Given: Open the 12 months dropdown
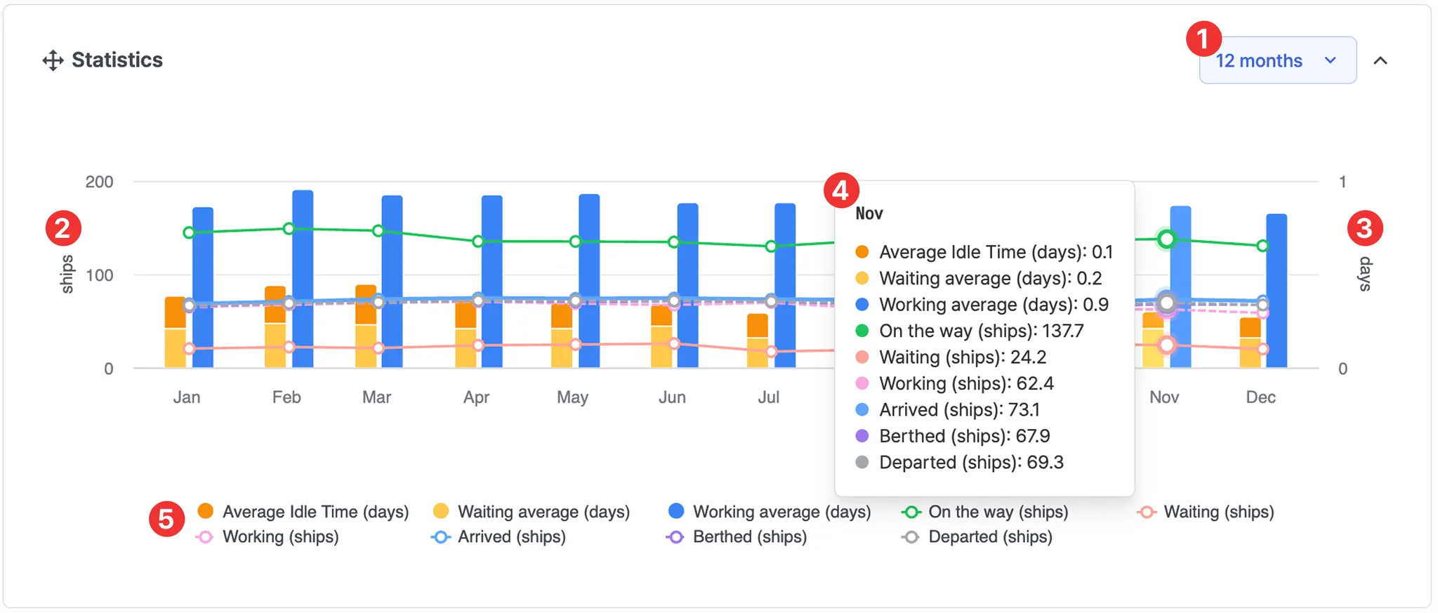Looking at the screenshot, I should tap(1277, 60).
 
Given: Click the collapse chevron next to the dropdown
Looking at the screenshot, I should tap(1380, 60).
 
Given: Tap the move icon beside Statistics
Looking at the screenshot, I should tap(53, 60).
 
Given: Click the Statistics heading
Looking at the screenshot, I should tap(117, 60).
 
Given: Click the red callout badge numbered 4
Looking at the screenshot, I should tap(840, 190).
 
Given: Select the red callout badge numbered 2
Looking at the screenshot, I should tap(63, 228).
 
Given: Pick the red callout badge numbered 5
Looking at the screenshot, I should tap(166, 520).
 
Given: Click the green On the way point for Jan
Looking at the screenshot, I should tap(189, 232).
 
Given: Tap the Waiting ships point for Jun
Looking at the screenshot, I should tap(674, 343).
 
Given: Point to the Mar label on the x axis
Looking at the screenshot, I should tap(376, 397).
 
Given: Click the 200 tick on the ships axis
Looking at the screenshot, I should tap(99, 182).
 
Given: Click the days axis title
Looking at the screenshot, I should tap(1364, 274).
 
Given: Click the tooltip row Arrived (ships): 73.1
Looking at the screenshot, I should tap(958, 410).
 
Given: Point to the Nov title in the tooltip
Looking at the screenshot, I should tap(869, 213).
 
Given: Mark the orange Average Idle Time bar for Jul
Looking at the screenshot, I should tap(757, 324).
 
